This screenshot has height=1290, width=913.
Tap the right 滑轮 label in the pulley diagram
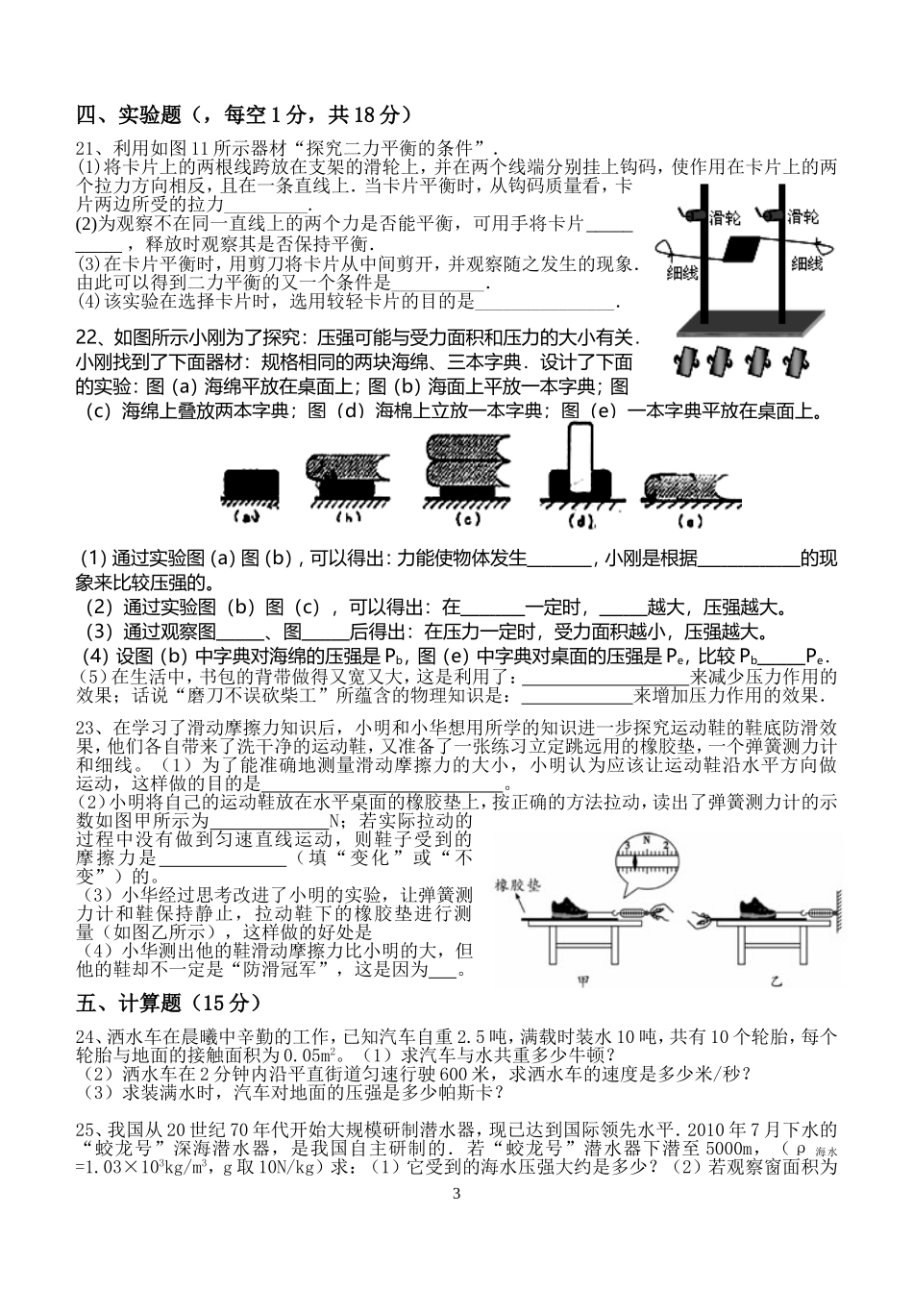pyautogui.click(x=802, y=216)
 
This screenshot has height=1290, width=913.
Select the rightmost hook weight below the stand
pyautogui.click(x=796, y=362)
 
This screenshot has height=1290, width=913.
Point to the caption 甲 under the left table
pyautogui.click(x=582, y=982)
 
